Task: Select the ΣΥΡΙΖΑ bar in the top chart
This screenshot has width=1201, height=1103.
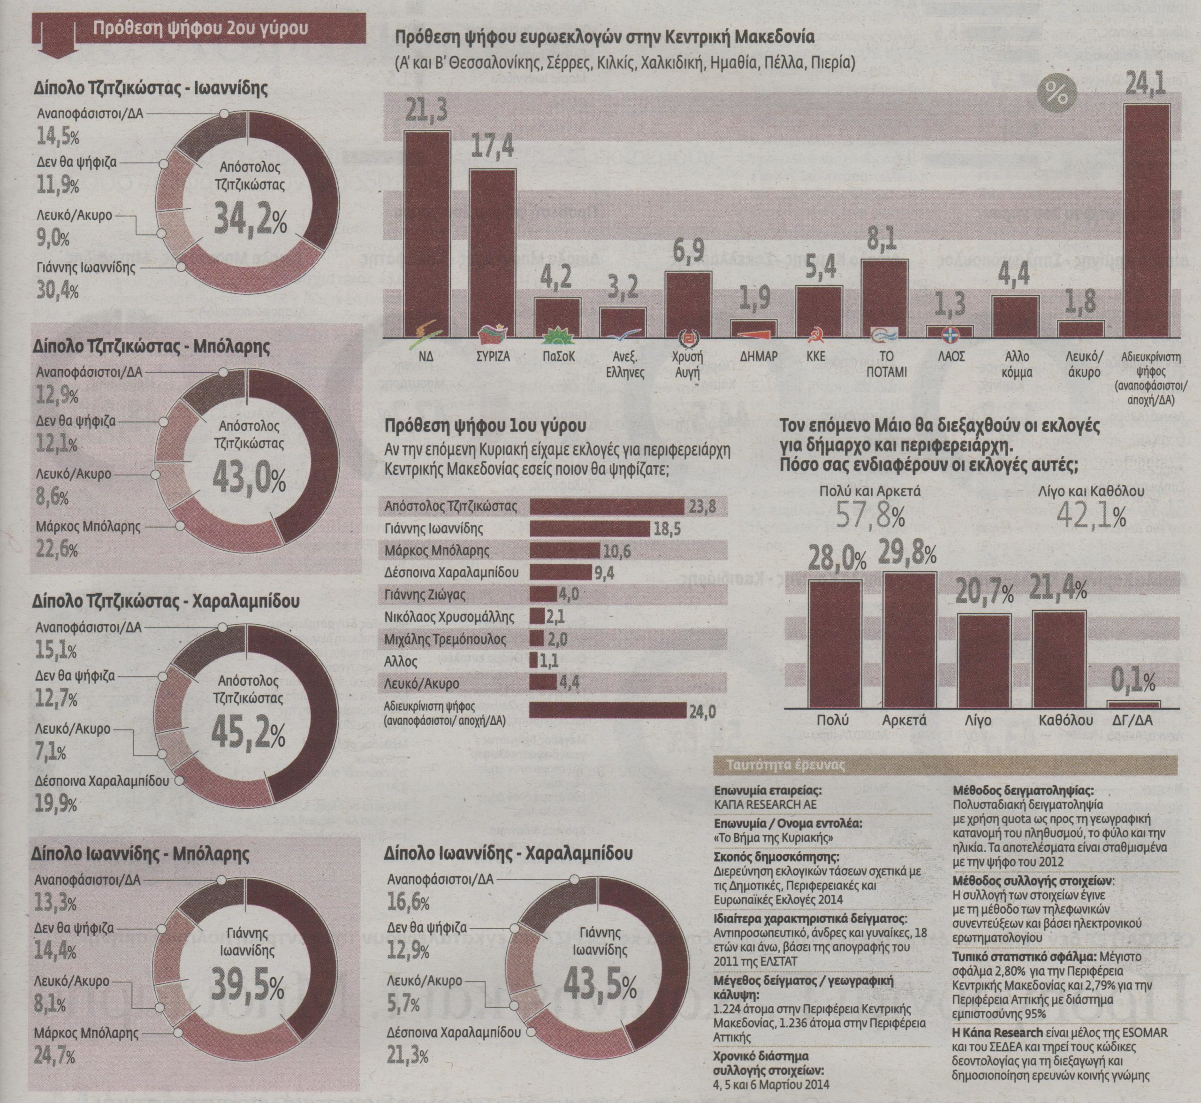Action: point(493,253)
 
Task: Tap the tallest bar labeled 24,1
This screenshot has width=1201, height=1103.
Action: point(1146,221)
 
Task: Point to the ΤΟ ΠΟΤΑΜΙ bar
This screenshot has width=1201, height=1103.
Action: point(885,299)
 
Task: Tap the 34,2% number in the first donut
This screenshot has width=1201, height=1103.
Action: point(250,219)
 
